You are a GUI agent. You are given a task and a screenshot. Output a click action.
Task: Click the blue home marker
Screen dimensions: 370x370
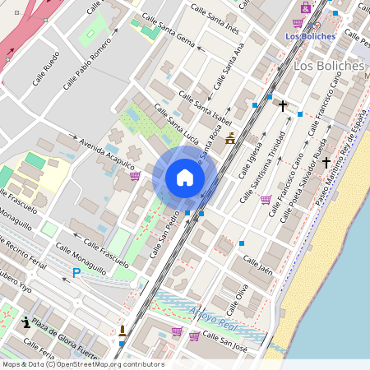(x=185, y=178)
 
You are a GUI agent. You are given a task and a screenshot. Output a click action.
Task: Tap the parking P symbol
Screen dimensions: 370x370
(x=76, y=272)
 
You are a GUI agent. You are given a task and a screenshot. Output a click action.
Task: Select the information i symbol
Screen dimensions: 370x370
(x=27, y=321)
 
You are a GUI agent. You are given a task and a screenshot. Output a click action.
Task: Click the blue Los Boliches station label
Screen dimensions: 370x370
(x=310, y=36)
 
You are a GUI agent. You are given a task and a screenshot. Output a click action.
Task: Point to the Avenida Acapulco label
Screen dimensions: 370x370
(x=107, y=154)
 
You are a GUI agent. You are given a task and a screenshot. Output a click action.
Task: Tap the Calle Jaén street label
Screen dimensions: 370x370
(x=257, y=264)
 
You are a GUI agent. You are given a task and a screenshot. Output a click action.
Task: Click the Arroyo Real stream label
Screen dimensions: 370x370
(x=214, y=316)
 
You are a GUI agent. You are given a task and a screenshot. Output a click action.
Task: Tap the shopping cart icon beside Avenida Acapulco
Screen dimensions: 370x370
(x=135, y=176)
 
